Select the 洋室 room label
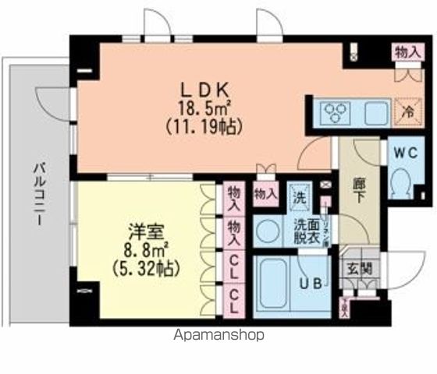(x=143, y=233)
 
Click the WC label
(x=404, y=150)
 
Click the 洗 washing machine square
(x=299, y=195)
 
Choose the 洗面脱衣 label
(x=304, y=233)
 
